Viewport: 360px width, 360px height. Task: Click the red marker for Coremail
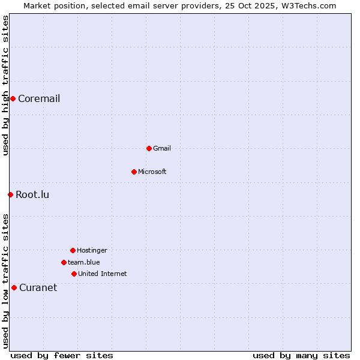[13, 98]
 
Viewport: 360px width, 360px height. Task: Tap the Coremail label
[39, 98]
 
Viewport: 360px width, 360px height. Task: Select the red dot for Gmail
[149, 148]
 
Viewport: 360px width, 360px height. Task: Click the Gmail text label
[162, 148]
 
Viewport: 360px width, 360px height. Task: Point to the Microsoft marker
[134, 172]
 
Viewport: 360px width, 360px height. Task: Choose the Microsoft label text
[152, 172]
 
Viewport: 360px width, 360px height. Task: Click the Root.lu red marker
[10, 194]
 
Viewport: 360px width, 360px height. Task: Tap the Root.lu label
[32, 194]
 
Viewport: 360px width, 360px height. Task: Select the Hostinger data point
[73, 250]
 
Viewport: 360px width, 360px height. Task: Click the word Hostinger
[92, 250]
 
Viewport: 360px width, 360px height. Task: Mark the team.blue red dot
[64, 262]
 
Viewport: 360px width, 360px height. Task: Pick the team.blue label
[84, 262]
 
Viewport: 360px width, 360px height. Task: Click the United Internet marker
[74, 274]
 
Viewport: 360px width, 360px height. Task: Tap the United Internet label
[103, 274]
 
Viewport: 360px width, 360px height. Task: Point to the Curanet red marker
[14, 287]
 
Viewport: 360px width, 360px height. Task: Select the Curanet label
[38, 287]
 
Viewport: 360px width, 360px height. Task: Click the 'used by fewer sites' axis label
[62, 355]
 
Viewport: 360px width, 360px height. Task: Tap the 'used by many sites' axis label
[301, 355]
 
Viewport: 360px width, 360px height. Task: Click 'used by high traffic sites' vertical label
[5, 85]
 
